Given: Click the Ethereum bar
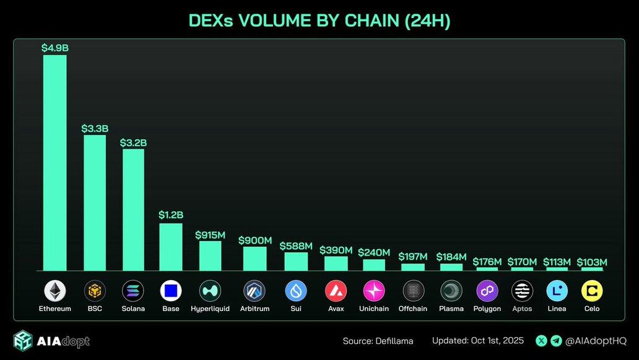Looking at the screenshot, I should (54, 162).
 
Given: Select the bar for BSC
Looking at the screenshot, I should (95, 203).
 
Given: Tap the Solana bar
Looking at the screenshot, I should (133, 209).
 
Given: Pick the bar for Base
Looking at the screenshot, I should (171, 247).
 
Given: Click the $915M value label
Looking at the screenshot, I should (210, 235).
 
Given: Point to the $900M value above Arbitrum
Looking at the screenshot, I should (255, 240).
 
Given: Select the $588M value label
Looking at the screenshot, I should (296, 246).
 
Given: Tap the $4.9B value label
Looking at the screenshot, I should (54, 48).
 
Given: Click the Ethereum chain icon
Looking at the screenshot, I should (55, 291).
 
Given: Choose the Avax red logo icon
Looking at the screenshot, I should (336, 291).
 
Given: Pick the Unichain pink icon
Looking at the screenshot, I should (374, 291).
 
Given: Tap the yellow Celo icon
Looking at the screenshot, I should (592, 291).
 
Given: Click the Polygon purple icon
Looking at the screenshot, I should (487, 291).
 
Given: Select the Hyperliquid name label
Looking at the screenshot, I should (210, 309).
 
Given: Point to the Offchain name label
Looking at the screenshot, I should (413, 309).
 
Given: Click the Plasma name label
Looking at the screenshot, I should (451, 309).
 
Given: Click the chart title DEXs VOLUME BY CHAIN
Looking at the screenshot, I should (319, 21).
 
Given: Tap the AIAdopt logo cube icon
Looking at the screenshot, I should (23, 341).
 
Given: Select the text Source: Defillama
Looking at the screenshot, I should (378, 341).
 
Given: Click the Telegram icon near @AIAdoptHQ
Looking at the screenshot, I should (556, 341).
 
